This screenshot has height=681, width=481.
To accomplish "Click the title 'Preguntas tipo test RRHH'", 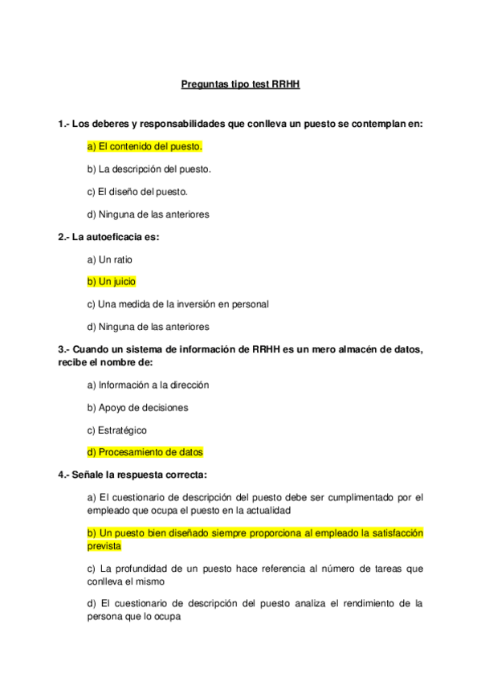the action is [x=240, y=83].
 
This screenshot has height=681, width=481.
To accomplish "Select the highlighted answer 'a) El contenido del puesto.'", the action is [x=145, y=147].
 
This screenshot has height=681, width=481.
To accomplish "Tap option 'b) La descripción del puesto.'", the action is [x=149, y=169].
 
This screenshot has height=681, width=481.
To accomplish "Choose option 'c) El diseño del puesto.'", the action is [x=137, y=192].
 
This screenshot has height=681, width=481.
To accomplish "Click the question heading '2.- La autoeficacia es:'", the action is [x=108, y=237].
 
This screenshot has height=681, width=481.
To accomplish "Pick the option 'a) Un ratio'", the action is [x=110, y=259].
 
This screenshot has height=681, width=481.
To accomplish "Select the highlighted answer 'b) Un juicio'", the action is [x=112, y=282].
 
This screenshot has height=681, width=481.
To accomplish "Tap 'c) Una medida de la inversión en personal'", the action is [x=177, y=304].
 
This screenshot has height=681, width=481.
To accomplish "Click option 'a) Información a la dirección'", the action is [x=148, y=385].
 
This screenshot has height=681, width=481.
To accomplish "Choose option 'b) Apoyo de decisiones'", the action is [x=137, y=407].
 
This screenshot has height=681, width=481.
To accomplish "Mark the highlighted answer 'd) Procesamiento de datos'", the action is [x=145, y=452].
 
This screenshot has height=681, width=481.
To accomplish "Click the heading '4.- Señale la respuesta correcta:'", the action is [x=132, y=475].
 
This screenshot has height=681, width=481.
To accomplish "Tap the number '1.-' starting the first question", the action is [x=65, y=124].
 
